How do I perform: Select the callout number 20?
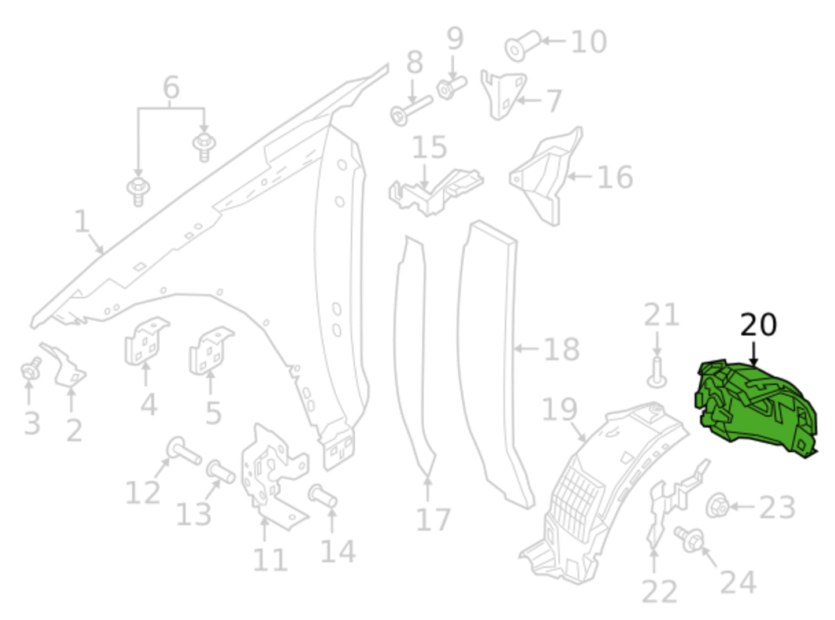point(758,325)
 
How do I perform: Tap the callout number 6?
point(171,87)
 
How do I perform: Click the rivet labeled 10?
point(522,45)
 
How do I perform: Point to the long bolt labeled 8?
point(411,110)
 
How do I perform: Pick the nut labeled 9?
point(451,88)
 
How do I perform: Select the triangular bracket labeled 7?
point(503,95)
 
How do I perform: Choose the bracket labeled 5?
point(211,351)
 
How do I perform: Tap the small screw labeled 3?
point(31,368)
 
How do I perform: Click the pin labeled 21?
point(657,373)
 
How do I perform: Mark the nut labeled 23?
point(717,505)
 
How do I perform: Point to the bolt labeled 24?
point(689,539)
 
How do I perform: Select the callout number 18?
point(562,349)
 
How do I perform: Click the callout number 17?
point(433,520)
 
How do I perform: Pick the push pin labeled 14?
point(322,496)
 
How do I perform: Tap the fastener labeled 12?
point(184,451)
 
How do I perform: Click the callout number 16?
point(615,177)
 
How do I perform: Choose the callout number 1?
point(82,221)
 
